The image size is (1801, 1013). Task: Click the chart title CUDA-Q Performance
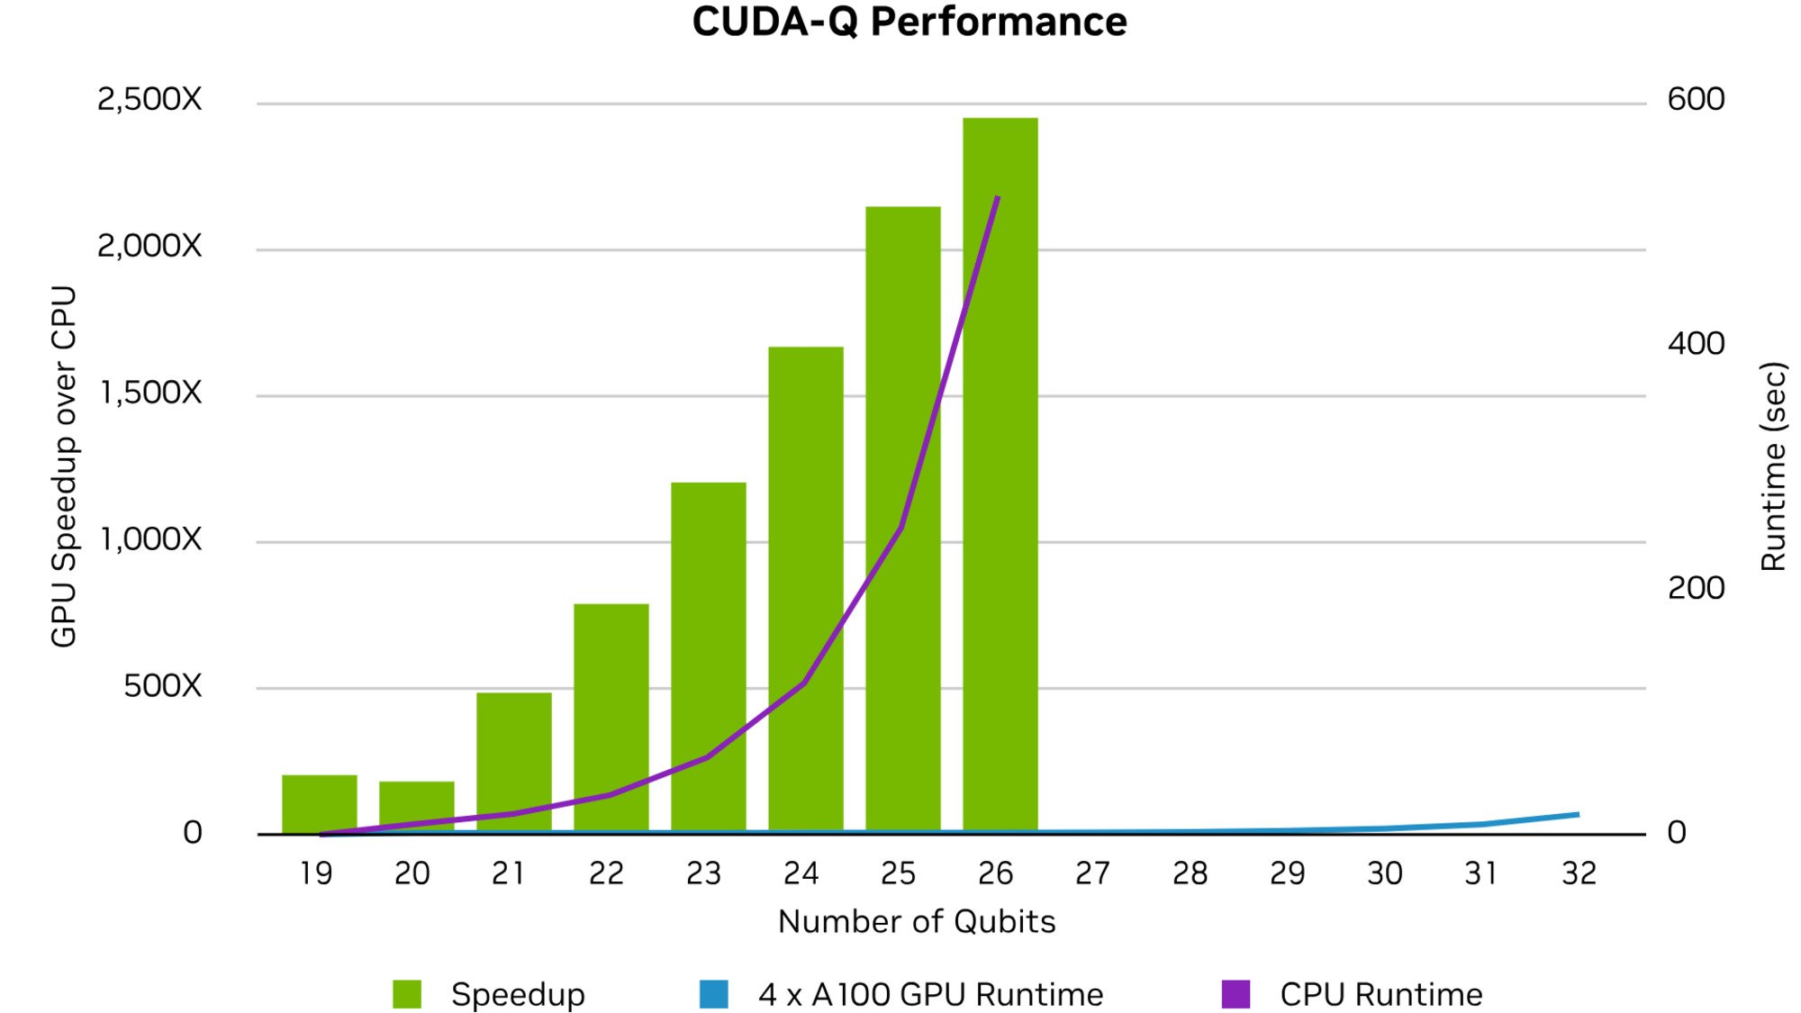tap(909, 22)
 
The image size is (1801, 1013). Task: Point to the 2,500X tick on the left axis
tap(149, 99)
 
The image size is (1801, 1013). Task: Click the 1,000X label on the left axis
tap(150, 539)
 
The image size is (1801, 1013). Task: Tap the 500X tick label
tap(162, 686)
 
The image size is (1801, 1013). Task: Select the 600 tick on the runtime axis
tap(1696, 99)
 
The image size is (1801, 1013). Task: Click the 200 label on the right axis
tap(1696, 588)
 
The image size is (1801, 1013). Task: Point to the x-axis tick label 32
tap(1579, 873)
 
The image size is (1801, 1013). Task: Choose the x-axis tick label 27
tap(1092, 873)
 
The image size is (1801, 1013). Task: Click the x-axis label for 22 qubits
tap(606, 873)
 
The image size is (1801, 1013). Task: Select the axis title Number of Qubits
tap(917, 922)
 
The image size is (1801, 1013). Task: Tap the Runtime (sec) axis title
tap(1773, 466)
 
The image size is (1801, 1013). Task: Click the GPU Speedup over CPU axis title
tap(64, 466)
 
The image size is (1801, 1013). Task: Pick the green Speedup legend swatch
tap(407, 994)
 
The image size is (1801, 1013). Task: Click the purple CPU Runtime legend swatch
tap(1235, 994)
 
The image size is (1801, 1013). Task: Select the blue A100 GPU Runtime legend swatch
tap(713, 994)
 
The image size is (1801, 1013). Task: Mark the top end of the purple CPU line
tap(998, 197)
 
